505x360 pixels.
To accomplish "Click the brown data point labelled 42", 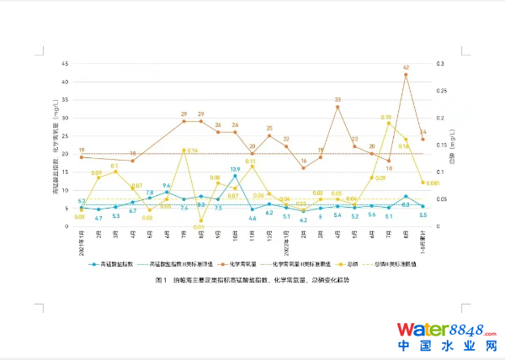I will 406,75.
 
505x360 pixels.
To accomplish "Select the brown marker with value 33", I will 338,107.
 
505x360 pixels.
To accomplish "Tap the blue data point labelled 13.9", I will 235,177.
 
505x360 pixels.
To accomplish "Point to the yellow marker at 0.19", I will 389,123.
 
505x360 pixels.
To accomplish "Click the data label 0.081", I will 433,183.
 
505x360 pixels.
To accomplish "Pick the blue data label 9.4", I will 167,186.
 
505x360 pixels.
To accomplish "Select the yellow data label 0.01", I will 200,226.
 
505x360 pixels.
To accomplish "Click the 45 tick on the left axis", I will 66,64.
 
